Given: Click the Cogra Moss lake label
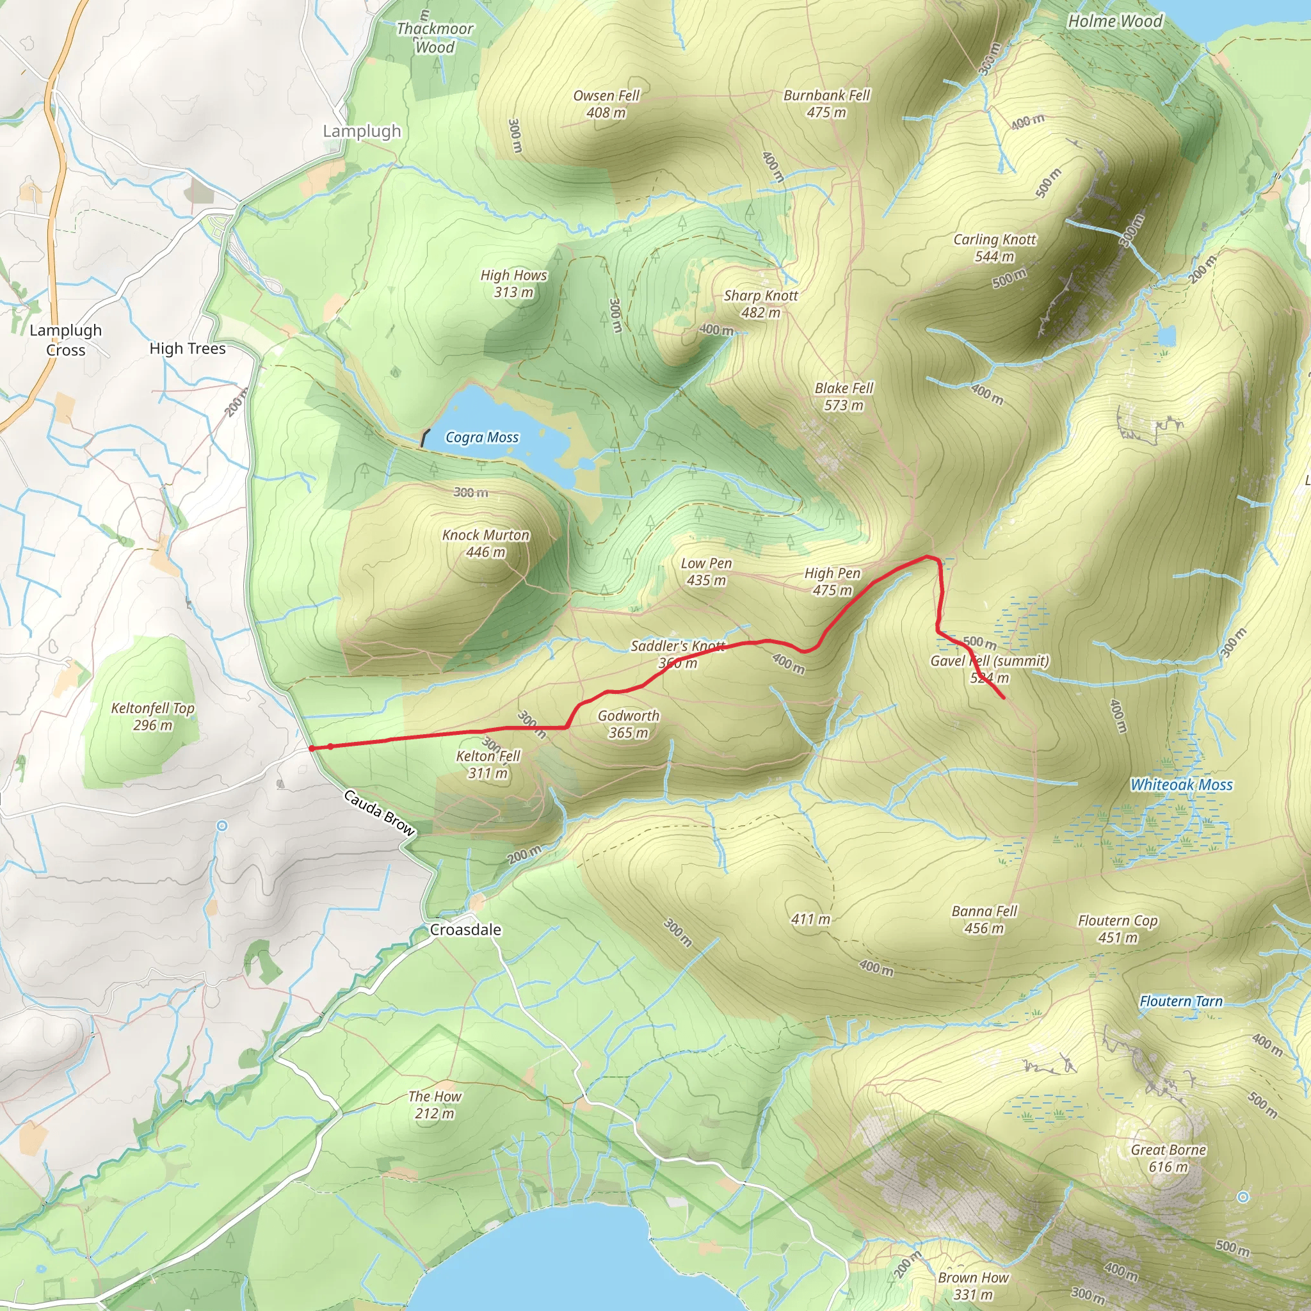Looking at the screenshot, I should coord(482,438).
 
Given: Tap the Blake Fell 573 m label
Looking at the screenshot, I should coord(844,397).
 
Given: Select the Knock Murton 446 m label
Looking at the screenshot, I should coord(485,543).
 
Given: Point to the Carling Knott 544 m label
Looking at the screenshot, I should coord(994,248).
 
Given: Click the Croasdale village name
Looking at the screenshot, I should coord(465,929).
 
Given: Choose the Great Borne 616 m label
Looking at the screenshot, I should coord(1168,1158).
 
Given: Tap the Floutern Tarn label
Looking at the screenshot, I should coord(1180,1002).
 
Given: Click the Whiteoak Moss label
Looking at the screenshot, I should coord(1180,785).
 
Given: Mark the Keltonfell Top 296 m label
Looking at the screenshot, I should coord(153,716).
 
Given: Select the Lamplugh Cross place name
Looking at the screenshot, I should coord(66,340).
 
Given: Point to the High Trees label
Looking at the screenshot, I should coord(188,349).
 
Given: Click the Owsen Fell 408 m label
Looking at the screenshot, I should coord(606,104).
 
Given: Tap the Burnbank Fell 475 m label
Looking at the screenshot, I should coord(826,104).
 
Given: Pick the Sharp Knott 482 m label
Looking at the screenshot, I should coord(760,304).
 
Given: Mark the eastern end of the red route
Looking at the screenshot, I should coord(1004,698).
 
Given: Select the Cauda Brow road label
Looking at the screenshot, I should coord(379,812).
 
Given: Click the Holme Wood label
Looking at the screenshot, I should coord(1115,21).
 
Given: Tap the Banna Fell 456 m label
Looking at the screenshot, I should coord(984,919).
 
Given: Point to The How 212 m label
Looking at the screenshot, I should coord(434,1105).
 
